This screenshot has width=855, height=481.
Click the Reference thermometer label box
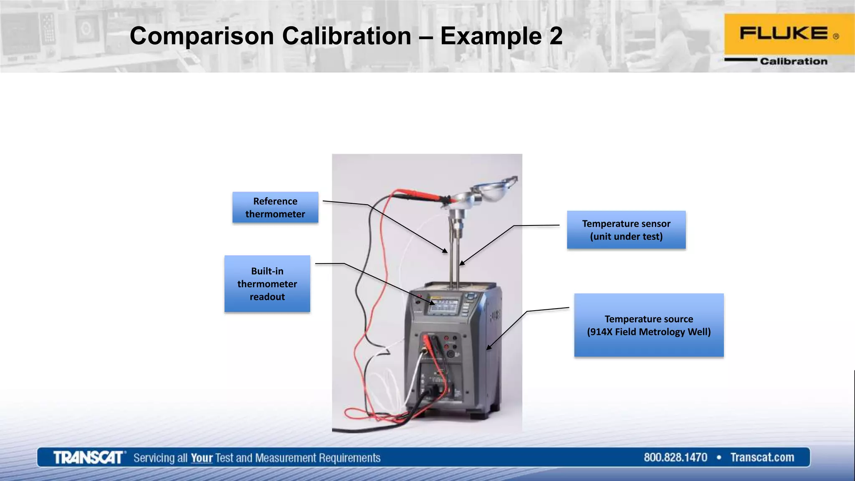pos(275,208)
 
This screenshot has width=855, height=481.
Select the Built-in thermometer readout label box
pos(267,284)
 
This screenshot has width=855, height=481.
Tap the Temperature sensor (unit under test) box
pos(626,230)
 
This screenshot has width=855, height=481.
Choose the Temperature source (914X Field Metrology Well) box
pos(649,325)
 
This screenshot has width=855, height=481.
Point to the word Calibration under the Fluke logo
pos(793,61)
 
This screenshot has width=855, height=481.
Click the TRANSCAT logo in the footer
pos(89,458)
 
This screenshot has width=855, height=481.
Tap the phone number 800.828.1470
pos(675,458)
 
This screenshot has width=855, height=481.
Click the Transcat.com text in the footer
pos(762,458)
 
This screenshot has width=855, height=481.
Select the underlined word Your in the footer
pos(202,458)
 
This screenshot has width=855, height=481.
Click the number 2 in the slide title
pos(556,36)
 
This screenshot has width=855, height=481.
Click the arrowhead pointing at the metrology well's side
pos(489,347)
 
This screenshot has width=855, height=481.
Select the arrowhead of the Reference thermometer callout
pos(445,251)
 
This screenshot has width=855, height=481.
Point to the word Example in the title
pos(491,37)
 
